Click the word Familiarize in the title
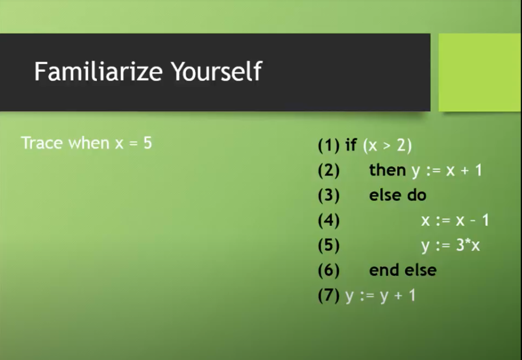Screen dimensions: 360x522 [98, 71]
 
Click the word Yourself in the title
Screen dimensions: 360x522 [216, 71]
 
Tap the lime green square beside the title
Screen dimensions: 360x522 [480, 72]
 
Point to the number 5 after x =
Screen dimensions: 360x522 [147, 143]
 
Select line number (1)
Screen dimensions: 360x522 [328, 146]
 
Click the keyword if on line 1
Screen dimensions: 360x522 [351, 145]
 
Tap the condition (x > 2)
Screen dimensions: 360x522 [387, 146]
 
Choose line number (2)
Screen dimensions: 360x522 [328, 170]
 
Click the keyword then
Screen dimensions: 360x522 [387, 170]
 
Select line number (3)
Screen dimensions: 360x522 [328, 195]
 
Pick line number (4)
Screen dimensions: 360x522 [328, 220]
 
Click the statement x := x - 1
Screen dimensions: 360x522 [455, 220]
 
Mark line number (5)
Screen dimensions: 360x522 [328, 245]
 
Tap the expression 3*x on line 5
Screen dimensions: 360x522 [468, 245]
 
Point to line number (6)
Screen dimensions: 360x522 [328, 270]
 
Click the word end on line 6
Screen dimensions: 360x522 [384, 270]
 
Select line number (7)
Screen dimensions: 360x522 [328, 295]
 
